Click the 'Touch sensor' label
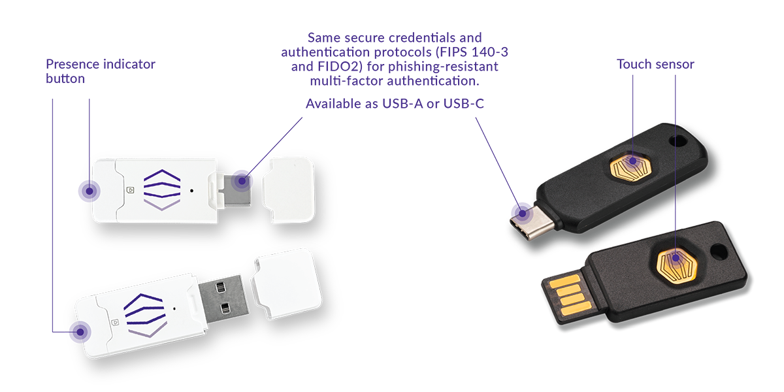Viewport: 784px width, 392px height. pyautogui.click(x=655, y=64)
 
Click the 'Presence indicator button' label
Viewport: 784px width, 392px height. pyautogui.click(x=101, y=71)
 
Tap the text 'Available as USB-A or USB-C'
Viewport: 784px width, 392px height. pyautogui.click(x=395, y=104)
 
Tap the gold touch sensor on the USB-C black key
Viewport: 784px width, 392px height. pyautogui.click(x=630, y=167)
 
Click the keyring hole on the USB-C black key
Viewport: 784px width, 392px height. pyautogui.click(x=678, y=141)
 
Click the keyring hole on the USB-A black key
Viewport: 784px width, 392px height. pyautogui.click(x=718, y=252)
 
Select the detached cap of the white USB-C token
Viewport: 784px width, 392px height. pyautogui.click(x=288, y=190)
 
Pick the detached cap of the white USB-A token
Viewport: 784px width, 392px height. pyautogui.click(x=287, y=284)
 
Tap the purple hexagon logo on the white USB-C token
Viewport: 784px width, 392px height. pyautogui.click(x=162, y=190)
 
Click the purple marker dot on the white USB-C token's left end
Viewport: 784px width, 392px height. pyautogui.click(x=90, y=191)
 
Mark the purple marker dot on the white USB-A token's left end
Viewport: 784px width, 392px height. pyautogui.click(x=80, y=332)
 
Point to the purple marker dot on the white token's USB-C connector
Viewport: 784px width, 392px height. pyautogui.click(x=242, y=180)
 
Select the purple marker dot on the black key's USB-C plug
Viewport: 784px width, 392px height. pyautogui.click(x=522, y=213)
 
